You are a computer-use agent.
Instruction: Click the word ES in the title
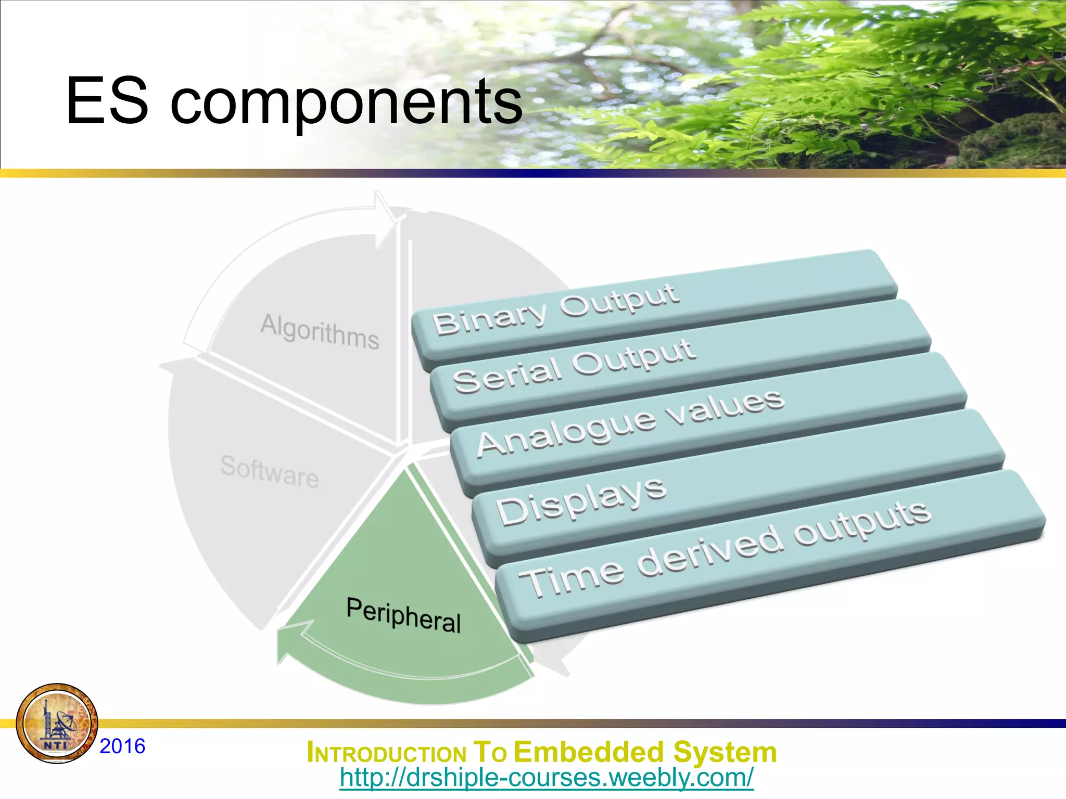point(107,101)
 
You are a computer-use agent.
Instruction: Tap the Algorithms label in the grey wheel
point(320,331)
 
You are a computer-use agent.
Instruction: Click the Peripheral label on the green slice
point(404,615)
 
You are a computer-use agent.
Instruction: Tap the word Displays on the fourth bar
point(581,500)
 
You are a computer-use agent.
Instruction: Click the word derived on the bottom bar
point(710,552)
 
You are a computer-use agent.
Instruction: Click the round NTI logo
point(57,723)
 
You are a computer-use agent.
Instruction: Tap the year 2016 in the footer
point(122,746)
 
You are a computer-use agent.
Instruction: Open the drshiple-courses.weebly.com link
point(546,778)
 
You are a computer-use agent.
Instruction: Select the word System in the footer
point(725,752)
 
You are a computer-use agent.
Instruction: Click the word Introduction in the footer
point(386,753)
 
